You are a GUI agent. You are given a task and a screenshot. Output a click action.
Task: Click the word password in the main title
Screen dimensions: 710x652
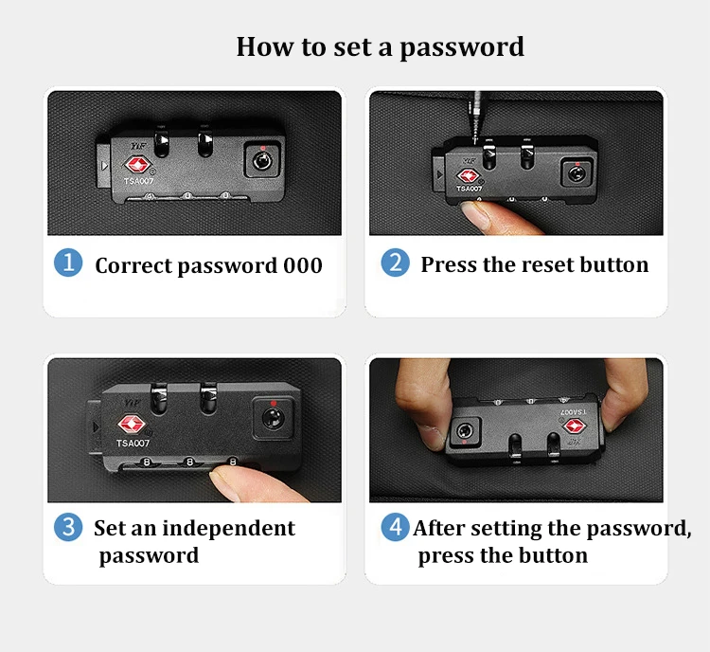[x=462, y=47]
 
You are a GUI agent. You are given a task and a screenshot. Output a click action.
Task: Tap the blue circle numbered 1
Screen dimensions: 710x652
[x=68, y=263]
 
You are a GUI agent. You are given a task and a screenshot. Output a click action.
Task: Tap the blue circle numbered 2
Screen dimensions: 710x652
[x=396, y=263]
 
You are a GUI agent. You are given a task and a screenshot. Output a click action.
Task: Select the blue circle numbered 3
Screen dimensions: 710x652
[x=68, y=527]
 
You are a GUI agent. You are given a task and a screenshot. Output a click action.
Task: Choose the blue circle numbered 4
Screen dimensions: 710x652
[x=396, y=527]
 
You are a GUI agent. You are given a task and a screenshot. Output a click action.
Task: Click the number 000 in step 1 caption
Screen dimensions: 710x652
[x=303, y=265]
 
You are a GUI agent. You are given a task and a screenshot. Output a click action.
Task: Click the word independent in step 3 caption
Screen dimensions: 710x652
[x=229, y=528]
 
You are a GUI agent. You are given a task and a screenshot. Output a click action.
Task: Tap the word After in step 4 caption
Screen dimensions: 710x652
[x=438, y=528]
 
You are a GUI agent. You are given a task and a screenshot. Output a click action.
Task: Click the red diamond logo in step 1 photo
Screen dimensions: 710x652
[x=137, y=165]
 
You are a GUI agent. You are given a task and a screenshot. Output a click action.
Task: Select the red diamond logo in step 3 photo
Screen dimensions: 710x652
[x=132, y=424]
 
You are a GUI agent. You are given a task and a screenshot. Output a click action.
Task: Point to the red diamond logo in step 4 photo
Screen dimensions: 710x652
[x=575, y=426]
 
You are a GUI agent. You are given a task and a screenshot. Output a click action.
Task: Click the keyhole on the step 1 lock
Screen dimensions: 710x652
[x=262, y=160]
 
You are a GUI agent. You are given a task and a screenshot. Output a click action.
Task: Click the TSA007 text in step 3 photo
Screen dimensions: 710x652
[x=133, y=443]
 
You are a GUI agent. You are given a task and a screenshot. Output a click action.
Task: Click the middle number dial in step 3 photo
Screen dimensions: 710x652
[x=189, y=462]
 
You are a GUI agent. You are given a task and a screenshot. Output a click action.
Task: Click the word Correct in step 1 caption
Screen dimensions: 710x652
[x=134, y=265]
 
